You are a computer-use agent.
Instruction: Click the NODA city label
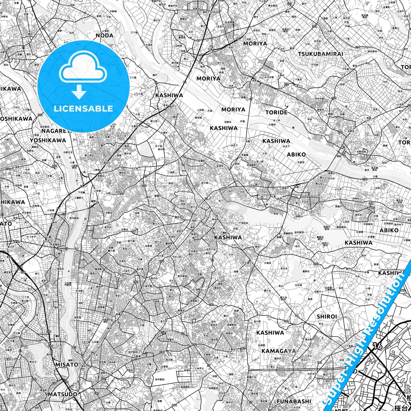pos(104,36)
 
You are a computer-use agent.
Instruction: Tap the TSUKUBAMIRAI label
pos(321,54)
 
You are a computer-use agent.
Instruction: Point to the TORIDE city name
pos(276,112)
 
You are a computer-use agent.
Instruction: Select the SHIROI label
pos(327,317)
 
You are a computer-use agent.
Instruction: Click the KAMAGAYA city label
pos(279,351)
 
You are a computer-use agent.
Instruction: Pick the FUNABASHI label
pos(294,401)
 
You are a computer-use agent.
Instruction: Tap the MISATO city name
pos(67,364)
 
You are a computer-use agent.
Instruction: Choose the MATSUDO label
pos(62,394)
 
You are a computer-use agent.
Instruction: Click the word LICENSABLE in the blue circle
pos(84,108)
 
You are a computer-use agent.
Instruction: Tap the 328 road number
pos(314,26)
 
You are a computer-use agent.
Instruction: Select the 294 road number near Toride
pos(340,132)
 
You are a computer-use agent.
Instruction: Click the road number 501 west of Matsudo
pos(34,379)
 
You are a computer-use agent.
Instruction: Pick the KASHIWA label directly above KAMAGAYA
pos(270,332)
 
